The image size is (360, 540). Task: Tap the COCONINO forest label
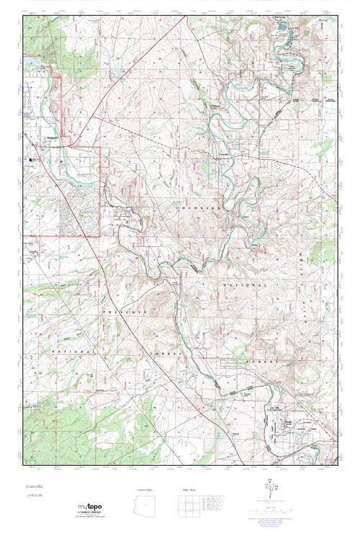point(192,207)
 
